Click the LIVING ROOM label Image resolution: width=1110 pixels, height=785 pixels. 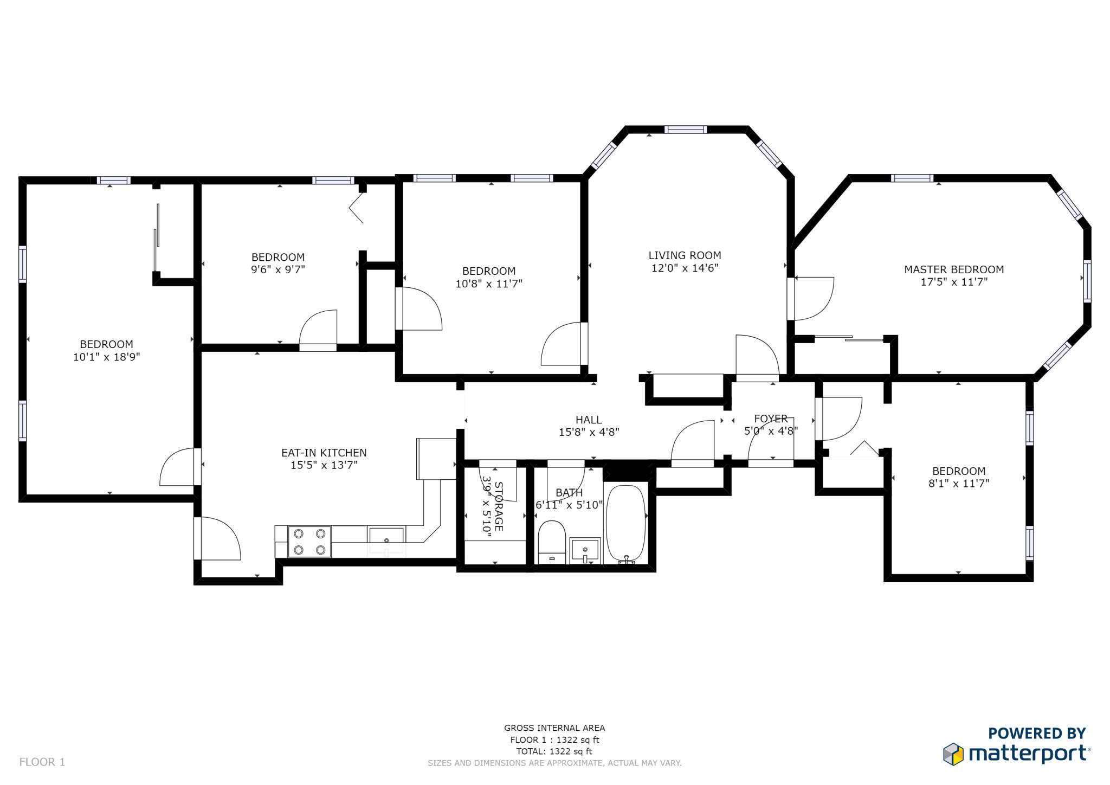coord(685,255)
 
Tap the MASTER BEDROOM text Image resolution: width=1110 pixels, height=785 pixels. coord(953,269)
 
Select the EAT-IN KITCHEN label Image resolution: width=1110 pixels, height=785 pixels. coord(324,453)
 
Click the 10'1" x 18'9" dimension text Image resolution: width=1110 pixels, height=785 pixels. coord(107,357)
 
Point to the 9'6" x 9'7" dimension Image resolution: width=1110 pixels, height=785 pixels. coord(278,269)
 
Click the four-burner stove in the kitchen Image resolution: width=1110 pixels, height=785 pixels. coord(309,541)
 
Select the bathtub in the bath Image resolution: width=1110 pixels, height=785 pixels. coord(626,524)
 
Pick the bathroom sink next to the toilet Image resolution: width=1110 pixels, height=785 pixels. coord(585,550)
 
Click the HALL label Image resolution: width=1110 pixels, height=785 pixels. coord(589,420)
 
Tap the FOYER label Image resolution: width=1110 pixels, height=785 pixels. coord(771,419)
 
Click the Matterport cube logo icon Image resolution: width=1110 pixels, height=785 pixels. coord(953,754)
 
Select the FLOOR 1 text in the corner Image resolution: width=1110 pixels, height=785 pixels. coord(42,762)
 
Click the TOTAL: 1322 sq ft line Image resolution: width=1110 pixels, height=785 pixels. coord(554,751)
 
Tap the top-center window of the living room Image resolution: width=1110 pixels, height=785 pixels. coord(686,129)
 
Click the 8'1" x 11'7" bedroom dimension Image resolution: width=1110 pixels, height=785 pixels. coord(959,483)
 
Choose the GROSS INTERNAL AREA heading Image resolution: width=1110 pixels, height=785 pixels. coord(554,728)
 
